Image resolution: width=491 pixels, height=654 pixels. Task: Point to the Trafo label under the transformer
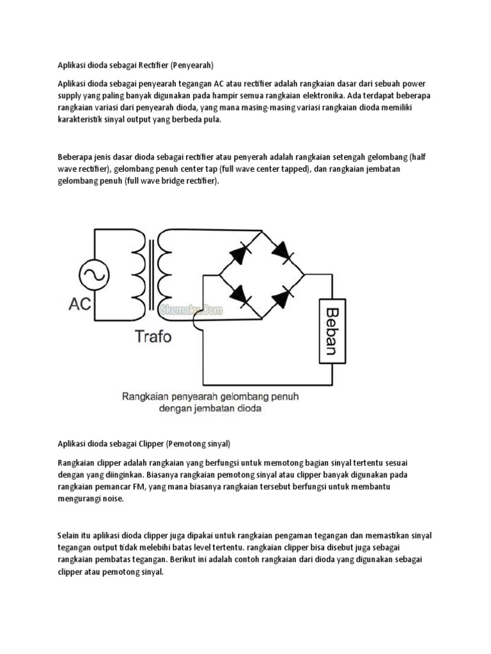(x=153, y=336)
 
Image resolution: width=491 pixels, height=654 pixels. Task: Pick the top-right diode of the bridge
(x=283, y=251)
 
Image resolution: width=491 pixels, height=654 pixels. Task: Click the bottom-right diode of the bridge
(x=283, y=295)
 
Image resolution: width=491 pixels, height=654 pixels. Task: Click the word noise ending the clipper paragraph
(x=109, y=499)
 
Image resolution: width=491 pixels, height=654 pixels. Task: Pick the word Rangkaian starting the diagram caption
(x=143, y=396)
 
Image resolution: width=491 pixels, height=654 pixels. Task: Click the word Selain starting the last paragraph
(x=68, y=535)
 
